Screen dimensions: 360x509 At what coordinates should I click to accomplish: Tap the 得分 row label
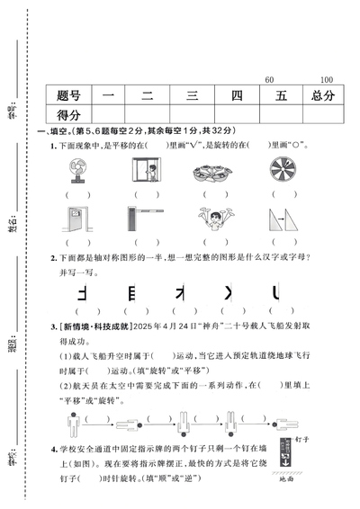pos(68,115)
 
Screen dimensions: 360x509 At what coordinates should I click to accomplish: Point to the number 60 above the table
pos(269,80)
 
